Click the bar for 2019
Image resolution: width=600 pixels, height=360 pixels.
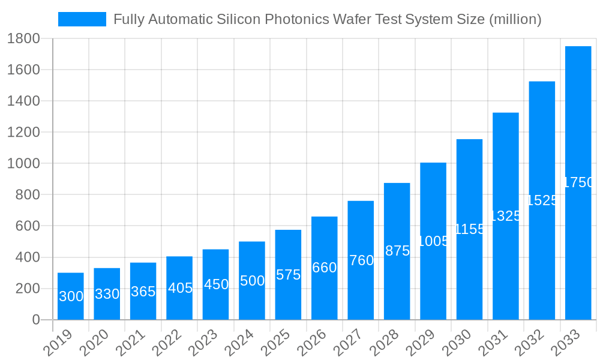[71, 296]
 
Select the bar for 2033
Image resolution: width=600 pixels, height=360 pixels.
[578, 183]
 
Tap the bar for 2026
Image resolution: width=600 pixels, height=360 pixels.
[324, 268]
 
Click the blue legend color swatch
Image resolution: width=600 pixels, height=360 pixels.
[82, 19]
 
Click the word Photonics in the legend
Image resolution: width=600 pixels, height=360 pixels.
[295, 19]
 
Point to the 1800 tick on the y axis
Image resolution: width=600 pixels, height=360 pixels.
[23, 39]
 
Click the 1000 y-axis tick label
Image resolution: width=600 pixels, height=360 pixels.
[23, 164]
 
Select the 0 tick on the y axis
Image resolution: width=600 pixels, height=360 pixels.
[36, 320]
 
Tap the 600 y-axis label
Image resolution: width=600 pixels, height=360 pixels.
[27, 226]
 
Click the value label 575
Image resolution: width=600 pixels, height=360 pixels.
[288, 275]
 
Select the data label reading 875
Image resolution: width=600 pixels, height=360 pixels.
[397, 251]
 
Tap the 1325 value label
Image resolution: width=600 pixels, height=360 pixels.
[506, 216]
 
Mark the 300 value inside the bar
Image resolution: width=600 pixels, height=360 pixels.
[71, 296]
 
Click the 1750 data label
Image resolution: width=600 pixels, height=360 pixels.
[578, 183]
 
